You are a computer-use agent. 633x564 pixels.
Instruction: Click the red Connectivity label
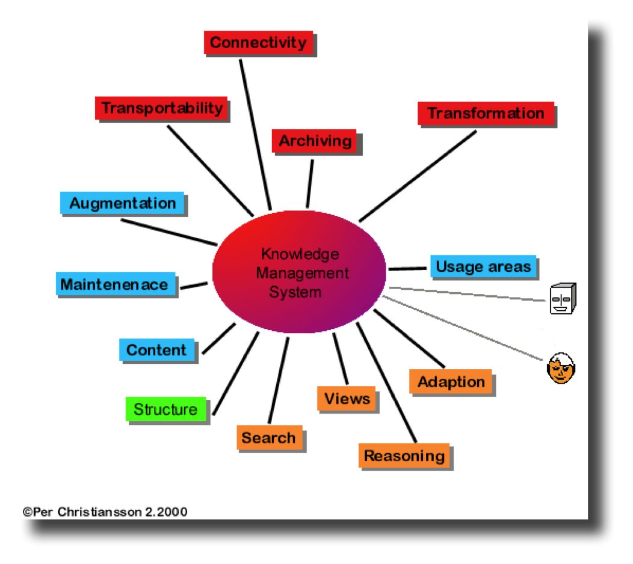coord(258,43)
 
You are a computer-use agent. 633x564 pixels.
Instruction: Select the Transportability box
coord(161,108)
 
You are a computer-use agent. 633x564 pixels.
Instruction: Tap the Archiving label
coord(315,141)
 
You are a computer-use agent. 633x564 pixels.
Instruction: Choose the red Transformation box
coord(486,113)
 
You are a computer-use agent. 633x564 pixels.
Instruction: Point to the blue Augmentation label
coord(122,203)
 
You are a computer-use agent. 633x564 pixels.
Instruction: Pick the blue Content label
coord(156,350)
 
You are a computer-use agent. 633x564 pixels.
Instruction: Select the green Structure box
coord(165,409)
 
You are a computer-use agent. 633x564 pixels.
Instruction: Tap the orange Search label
coord(268,438)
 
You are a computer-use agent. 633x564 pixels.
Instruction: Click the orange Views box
coord(347,398)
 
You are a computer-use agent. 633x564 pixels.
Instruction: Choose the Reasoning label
coord(404,456)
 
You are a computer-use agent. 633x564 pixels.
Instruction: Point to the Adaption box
coord(451,382)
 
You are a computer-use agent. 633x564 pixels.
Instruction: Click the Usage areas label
coord(483,266)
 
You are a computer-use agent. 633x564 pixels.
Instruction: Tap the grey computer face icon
coord(563,299)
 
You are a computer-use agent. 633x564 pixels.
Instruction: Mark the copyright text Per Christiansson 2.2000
coord(105,512)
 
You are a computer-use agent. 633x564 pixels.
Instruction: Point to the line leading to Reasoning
coord(388,385)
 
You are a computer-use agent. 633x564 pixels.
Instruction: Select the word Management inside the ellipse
coord(303,274)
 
